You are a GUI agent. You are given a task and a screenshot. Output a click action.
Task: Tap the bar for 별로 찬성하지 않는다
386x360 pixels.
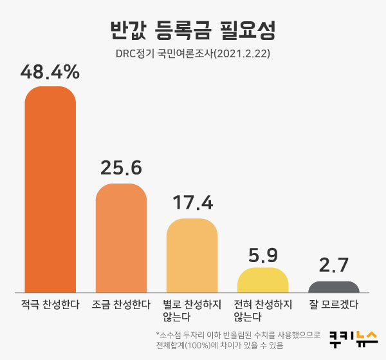(x=192, y=255)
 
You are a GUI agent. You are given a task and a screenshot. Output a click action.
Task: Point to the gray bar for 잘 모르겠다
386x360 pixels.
(x=334, y=287)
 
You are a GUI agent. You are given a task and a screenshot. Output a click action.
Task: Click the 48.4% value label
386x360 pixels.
(x=50, y=72)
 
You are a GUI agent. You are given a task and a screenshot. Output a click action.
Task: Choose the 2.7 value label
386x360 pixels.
(x=334, y=265)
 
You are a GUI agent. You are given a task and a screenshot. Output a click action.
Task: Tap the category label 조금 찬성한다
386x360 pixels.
(x=121, y=304)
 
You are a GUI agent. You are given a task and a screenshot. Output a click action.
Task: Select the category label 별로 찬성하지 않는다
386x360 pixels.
(x=192, y=310)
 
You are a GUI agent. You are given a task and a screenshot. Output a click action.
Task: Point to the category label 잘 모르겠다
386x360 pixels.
(x=334, y=304)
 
